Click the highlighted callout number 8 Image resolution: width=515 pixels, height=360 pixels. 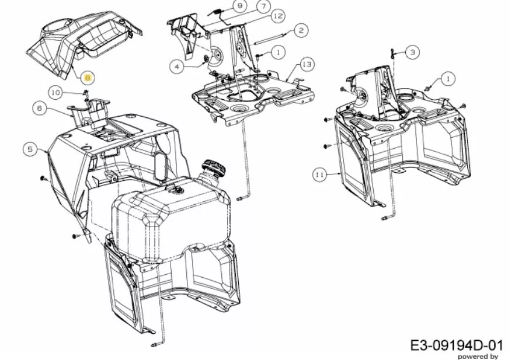click(88, 78)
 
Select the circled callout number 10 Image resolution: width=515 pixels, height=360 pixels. click(56, 93)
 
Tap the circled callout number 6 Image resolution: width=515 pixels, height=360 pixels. click(40, 108)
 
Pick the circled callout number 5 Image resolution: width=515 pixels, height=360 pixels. click(30, 149)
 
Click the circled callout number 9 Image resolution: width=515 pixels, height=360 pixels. click(240, 6)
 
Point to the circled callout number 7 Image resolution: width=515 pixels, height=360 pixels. click(264, 6)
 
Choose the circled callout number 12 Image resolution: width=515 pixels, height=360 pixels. click(278, 16)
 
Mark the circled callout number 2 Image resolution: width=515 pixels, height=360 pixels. click(301, 30)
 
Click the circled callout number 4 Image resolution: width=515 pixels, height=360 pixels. click(177, 67)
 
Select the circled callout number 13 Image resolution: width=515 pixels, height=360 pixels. click(307, 64)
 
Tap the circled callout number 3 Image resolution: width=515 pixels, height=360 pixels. click(412, 52)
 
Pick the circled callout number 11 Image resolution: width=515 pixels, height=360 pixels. click(319, 175)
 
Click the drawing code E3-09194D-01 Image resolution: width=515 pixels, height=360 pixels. click(457, 345)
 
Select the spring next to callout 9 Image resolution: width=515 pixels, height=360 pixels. click(214, 12)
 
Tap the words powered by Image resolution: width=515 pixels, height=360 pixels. click(478, 356)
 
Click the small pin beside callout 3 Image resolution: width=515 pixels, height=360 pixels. click(392, 54)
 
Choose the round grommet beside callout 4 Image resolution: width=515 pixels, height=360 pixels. click(207, 59)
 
